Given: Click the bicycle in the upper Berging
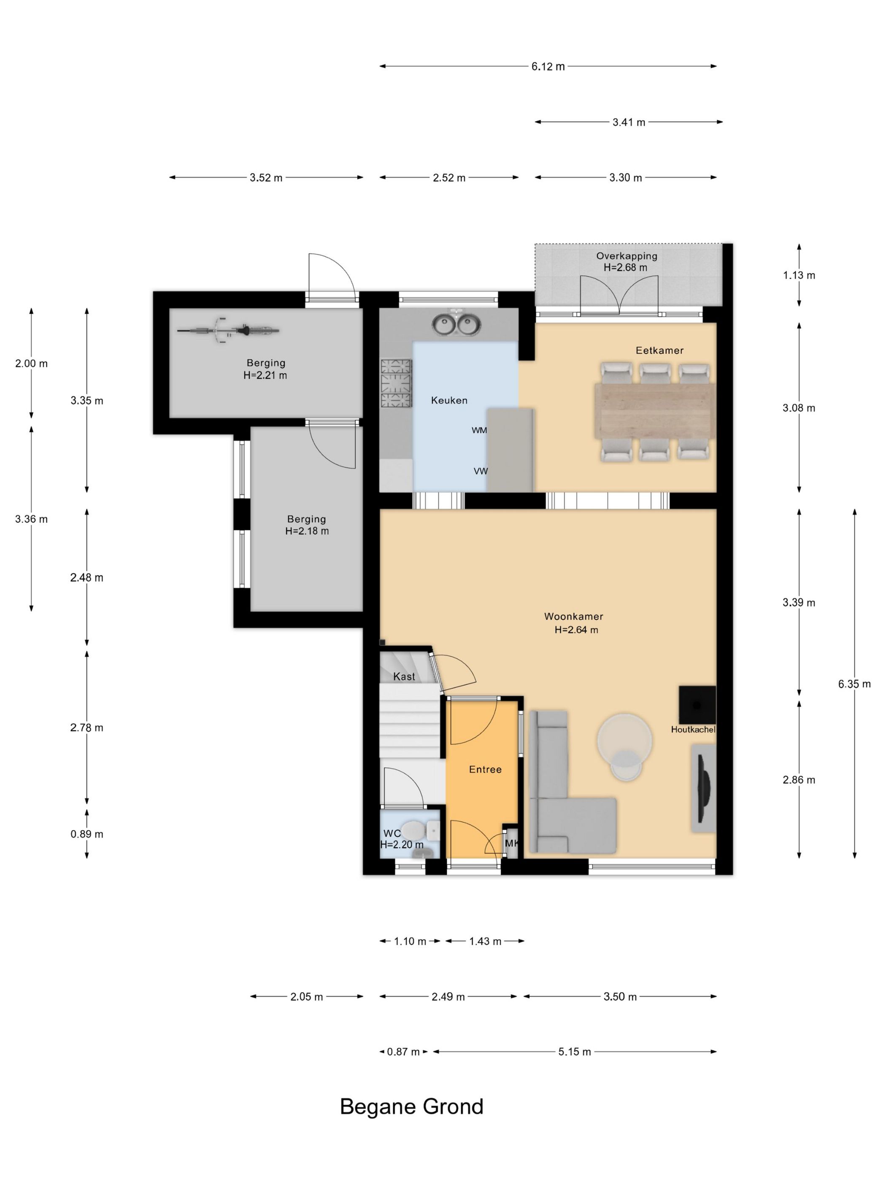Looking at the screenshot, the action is point(228,331).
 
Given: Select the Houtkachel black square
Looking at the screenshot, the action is point(697,704).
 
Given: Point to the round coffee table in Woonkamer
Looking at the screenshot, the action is point(624,739).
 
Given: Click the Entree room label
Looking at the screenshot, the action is point(485,769).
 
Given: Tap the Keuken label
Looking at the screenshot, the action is point(449,400).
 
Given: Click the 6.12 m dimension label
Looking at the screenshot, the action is point(548,67).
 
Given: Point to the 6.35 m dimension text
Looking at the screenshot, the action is point(854,684).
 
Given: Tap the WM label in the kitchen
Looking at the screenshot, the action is point(479,430).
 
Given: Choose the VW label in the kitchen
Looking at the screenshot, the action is point(481,472).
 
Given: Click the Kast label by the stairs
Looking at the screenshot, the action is point(404,677).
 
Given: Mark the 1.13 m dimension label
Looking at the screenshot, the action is point(799,275).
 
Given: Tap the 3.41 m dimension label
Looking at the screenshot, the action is point(629,122).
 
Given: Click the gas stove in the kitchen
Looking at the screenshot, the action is point(396,383).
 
